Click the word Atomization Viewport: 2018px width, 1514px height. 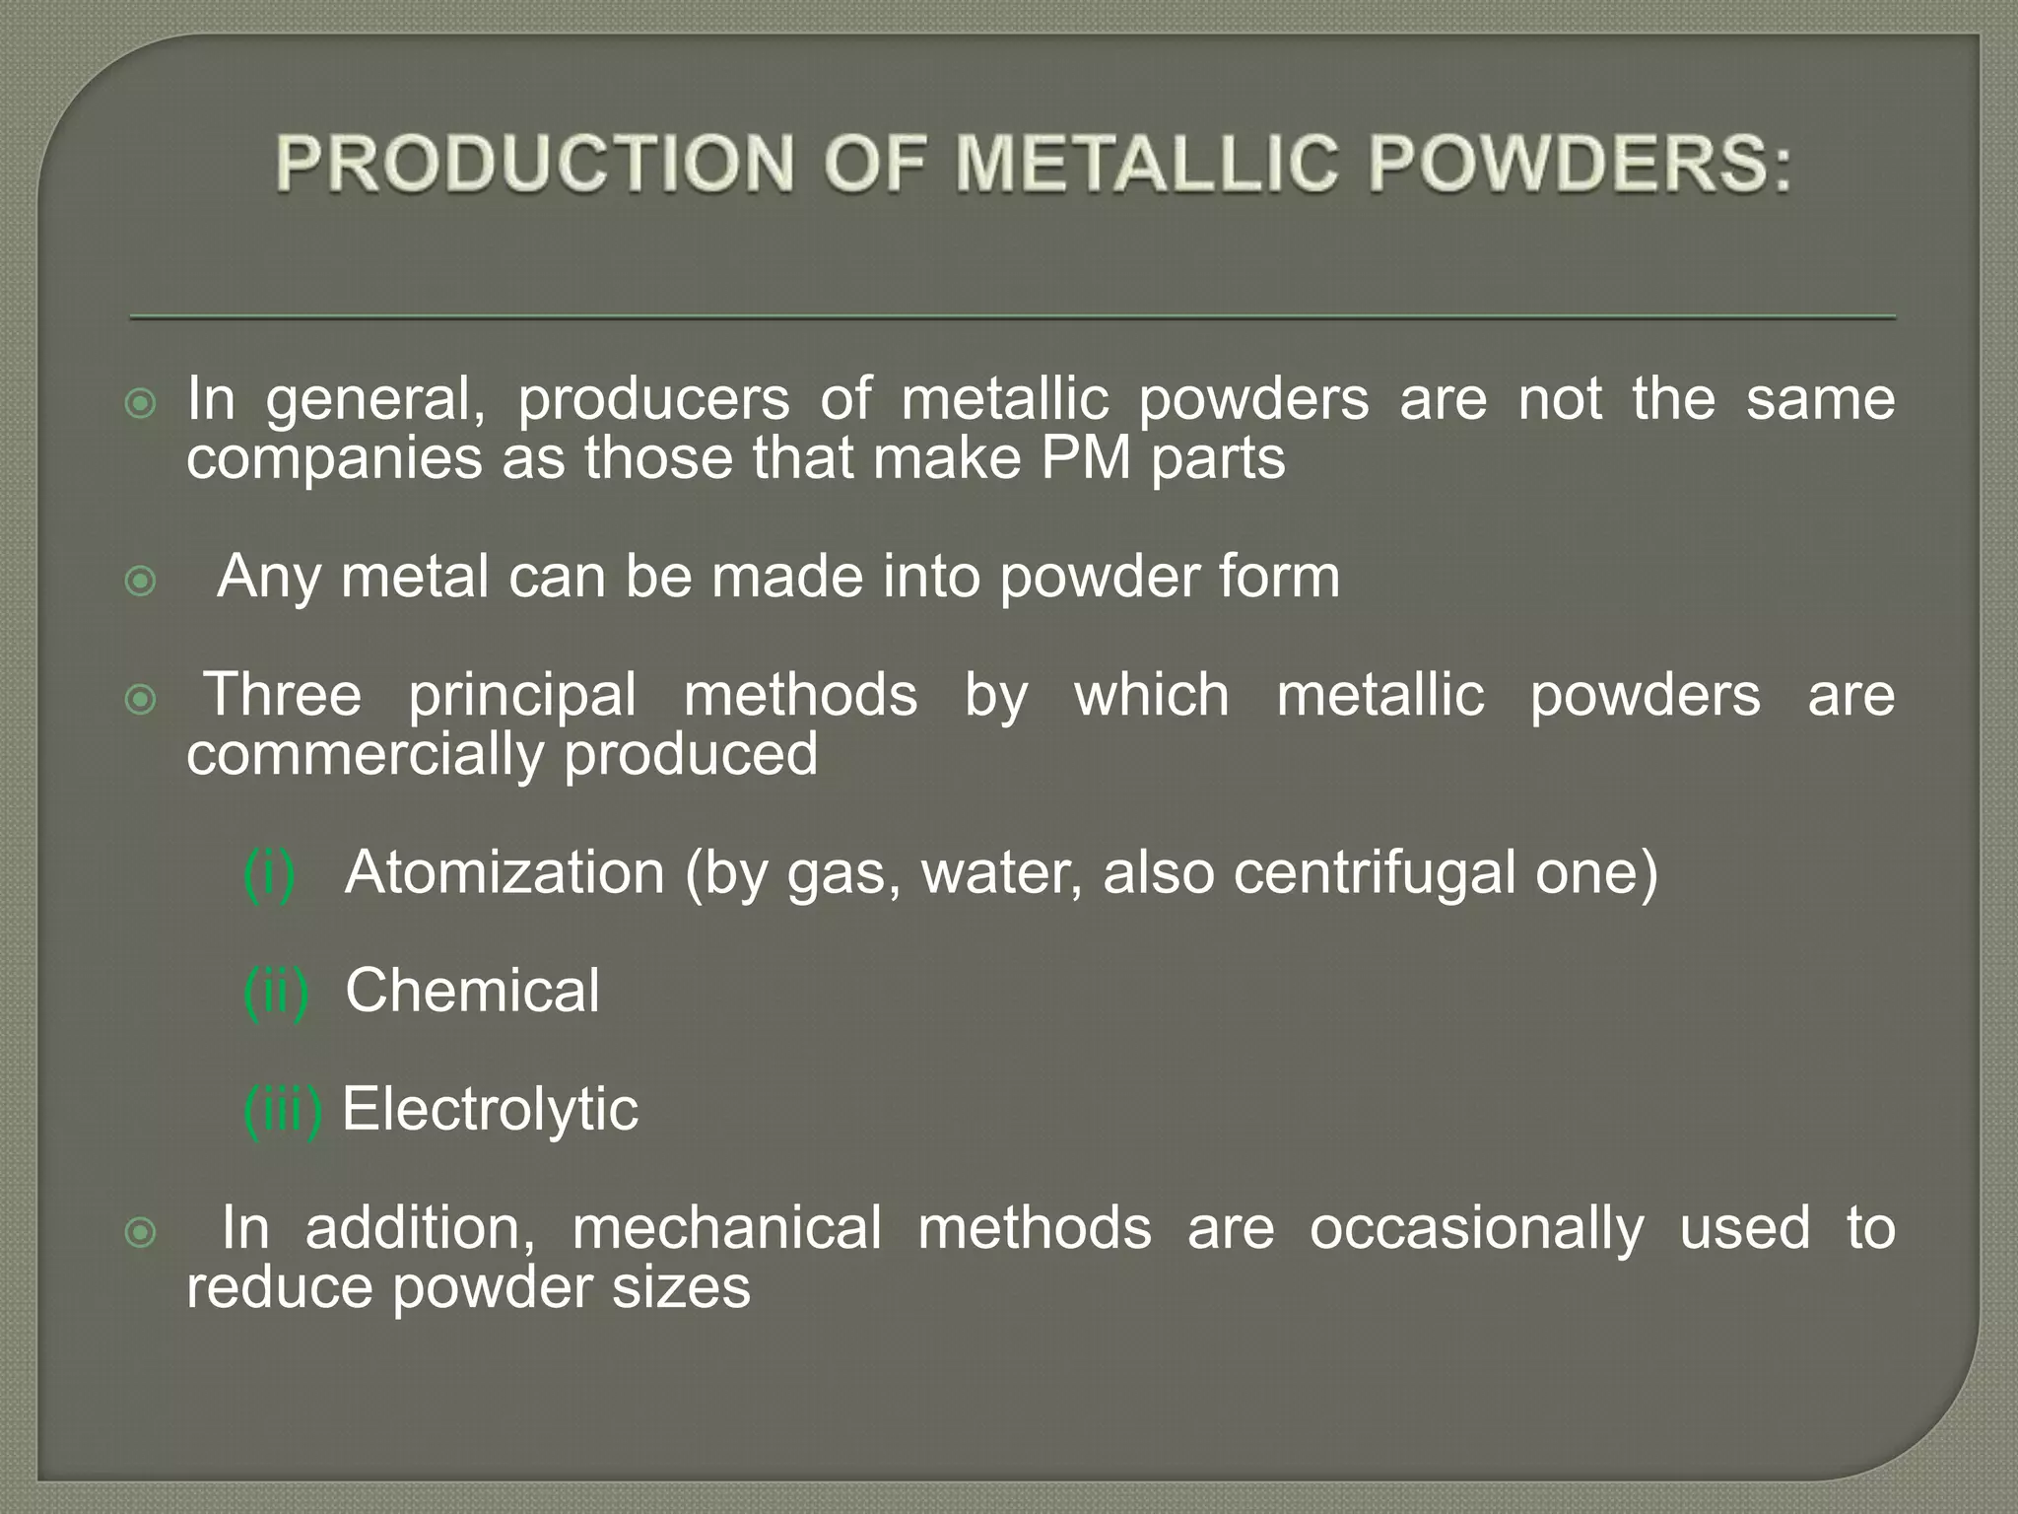[504, 872]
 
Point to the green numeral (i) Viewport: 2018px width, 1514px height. [269, 873]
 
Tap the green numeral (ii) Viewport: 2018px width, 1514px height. [276, 992]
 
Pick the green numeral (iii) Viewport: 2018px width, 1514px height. [283, 1110]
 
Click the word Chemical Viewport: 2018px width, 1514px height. [472, 991]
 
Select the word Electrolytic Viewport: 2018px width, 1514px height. [490, 1109]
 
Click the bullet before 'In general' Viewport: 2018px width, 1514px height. [142, 403]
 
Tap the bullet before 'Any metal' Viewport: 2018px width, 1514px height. [142, 581]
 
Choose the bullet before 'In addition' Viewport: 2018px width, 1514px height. [142, 1232]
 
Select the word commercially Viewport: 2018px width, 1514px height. [366, 755]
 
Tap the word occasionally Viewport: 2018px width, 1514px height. [1476, 1228]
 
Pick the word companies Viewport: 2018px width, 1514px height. [335, 460]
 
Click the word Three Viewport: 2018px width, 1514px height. [283, 695]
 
